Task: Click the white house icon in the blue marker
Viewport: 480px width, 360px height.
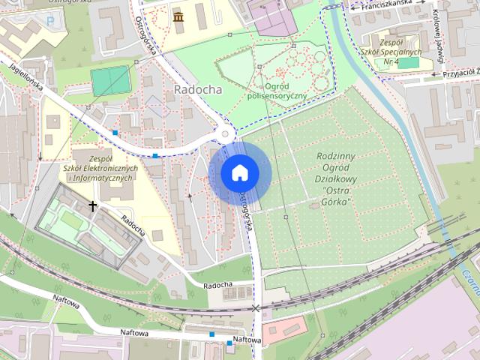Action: pyautogui.click(x=239, y=172)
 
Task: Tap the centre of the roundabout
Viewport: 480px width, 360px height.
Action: pyautogui.click(x=226, y=134)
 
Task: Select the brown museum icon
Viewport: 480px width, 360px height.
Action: pyautogui.click(x=178, y=16)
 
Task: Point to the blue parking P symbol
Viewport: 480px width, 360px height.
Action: pyautogui.click(x=50, y=21)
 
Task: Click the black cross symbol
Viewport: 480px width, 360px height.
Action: pyautogui.click(x=93, y=205)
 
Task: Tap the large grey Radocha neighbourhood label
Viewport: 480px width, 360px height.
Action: pyautogui.click(x=197, y=88)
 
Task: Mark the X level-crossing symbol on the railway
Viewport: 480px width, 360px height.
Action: pyautogui.click(x=256, y=308)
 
